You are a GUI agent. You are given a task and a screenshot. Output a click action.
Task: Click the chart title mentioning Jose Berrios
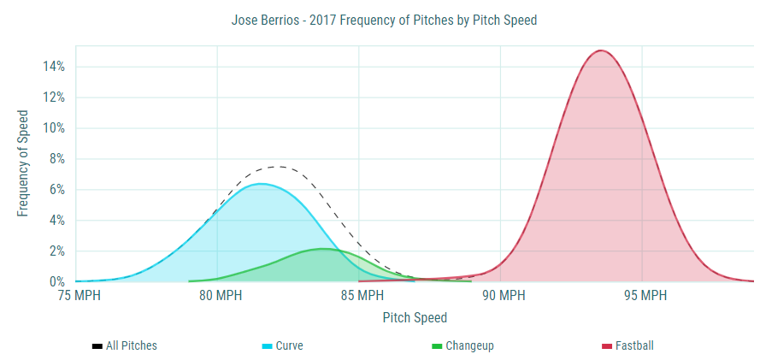coord(384,20)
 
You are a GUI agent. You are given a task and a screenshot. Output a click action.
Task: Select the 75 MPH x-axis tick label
coord(76,296)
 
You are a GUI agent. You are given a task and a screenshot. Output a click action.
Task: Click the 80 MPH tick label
coord(217,296)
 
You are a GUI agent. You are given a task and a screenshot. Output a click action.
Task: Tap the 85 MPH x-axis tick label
coord(359,296)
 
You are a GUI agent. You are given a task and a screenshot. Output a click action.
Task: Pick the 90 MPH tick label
coord(500,296)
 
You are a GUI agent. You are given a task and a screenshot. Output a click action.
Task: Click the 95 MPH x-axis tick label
coord(642,296)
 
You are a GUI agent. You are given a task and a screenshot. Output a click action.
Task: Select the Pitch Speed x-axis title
coord(415,318)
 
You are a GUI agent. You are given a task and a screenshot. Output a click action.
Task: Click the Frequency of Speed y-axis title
coord(23,162)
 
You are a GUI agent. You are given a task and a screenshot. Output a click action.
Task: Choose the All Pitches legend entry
coord(125,346)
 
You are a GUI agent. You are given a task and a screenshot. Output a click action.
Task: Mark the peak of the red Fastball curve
coord(600,50)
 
